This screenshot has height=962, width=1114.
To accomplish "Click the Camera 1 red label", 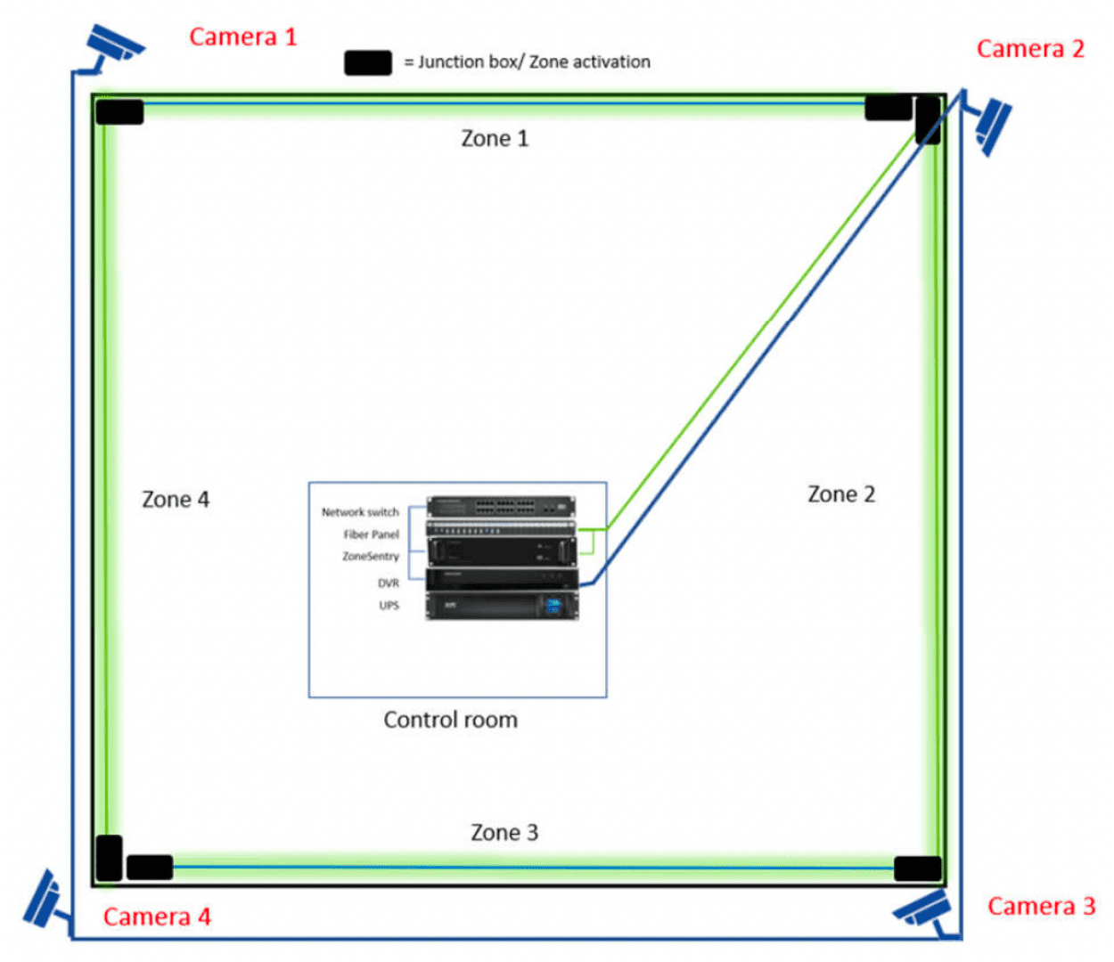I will [x=242, y=37].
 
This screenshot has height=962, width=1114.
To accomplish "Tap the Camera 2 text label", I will [x=1030, y=49].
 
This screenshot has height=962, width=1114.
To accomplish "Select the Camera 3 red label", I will [x=1041, y=907].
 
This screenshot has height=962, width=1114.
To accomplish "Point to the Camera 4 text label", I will [x=157, y=917].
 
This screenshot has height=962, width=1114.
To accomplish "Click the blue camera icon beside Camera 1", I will [x=113, y=46].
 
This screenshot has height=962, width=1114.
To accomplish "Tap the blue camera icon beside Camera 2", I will [x=990, y=124].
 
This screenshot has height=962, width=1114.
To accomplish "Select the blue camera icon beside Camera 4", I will [x=43, y=900].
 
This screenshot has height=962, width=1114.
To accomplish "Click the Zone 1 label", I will [x=495, y=139].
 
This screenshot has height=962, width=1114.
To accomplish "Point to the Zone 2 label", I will [x=841, y=494].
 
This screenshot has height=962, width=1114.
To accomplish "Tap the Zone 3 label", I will [x=504, y=833].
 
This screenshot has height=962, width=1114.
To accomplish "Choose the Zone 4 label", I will [x=176, y=500].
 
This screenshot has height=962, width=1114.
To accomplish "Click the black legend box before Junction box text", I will [x=368, y=62].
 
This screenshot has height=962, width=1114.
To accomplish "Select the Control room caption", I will [x=450, y=720].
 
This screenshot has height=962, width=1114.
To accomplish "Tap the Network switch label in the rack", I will [x=360, y=512].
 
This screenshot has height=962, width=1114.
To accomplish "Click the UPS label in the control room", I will [x=389, y=606].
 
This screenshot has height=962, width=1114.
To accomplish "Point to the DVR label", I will [x=389, y=583].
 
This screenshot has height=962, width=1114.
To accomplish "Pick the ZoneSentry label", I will [x=371, y=557].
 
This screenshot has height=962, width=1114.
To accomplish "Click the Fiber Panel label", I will [x=372, y=534].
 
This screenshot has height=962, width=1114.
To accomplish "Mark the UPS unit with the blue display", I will [x=502, y=606].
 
